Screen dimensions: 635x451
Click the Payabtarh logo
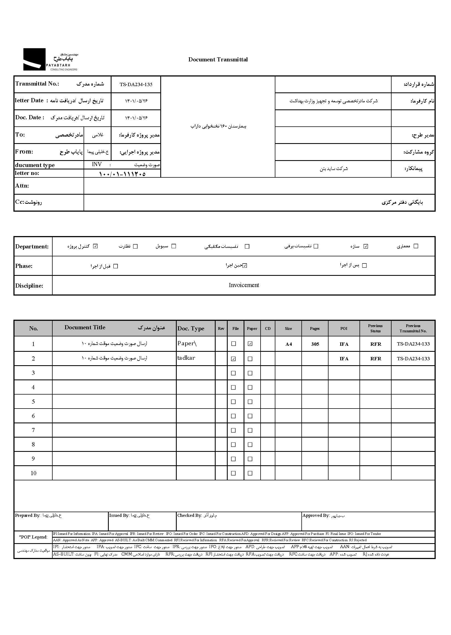pos(50,59)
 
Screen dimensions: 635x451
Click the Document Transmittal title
pos(218,59)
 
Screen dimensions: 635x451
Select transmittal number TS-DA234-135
pos(136,84)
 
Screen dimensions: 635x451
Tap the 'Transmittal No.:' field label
pos(37,84)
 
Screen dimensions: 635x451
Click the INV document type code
pos(97,164)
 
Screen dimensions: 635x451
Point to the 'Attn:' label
pos(22,186)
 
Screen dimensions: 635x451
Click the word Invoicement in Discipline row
pos(244,285)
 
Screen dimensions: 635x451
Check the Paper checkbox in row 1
pos(250,344)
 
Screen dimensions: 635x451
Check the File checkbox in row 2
pos(233,359)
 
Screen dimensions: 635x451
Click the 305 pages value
pos(315,344)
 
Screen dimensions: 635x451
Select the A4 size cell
pos(289,344)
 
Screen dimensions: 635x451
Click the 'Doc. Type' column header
pos(191,328)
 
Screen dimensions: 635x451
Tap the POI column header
pos(344,328)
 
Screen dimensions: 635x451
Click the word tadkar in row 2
pos(186,358)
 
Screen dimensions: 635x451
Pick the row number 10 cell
pos(33,473)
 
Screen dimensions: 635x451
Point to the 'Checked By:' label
pos(189,515)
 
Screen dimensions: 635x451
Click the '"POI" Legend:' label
pos(33,537)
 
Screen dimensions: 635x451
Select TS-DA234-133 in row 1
pos(413,344)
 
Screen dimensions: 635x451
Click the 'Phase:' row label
pos(24,266)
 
